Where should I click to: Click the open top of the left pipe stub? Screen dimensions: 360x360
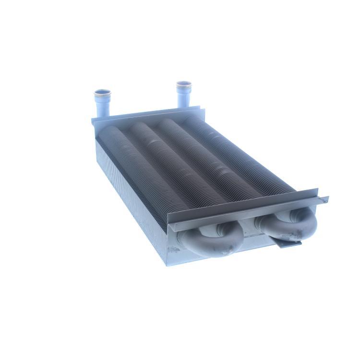[x=102, y=91]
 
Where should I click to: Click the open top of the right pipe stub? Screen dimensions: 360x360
[x=183, y=85]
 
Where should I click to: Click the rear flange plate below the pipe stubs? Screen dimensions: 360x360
[x=149, y=116]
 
